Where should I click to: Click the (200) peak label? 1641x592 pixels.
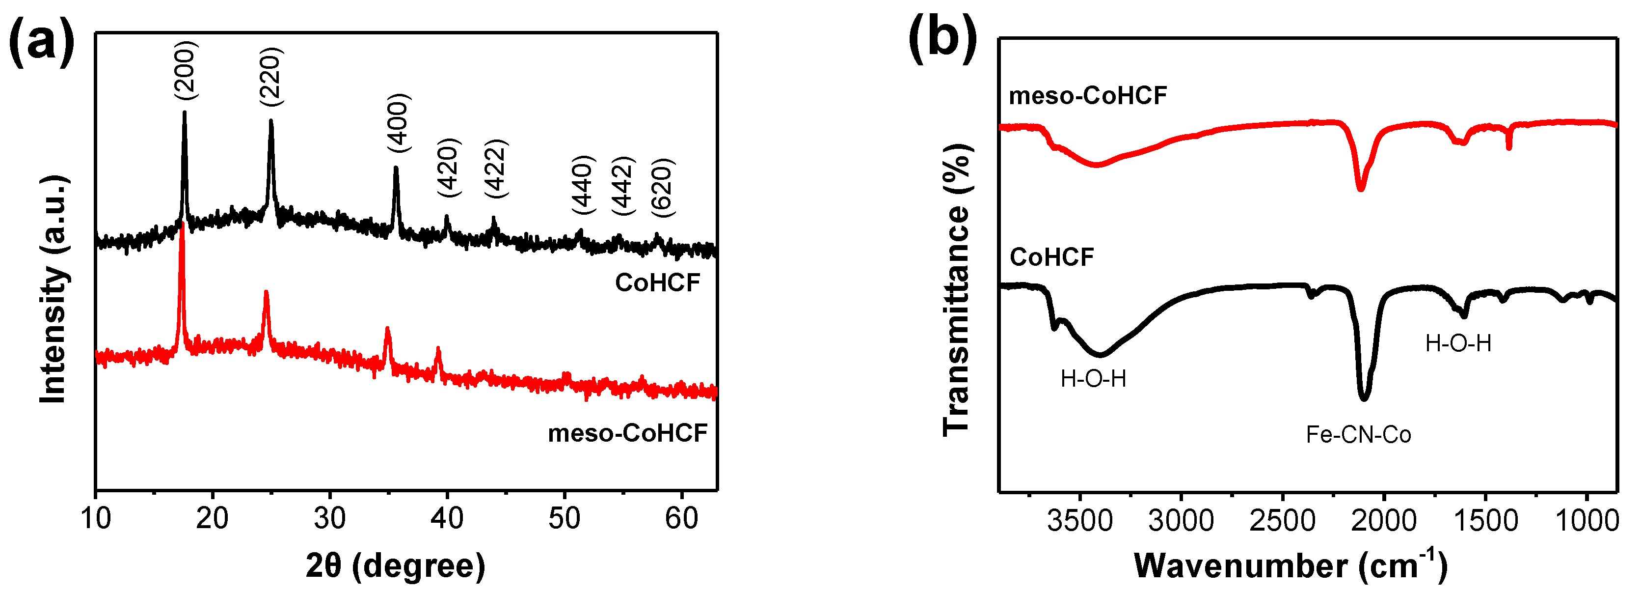coord(186,70)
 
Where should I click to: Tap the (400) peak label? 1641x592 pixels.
coord(399,123)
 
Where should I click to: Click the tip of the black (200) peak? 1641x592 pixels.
coord(185,113)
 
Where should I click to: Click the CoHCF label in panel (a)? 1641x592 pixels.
coord(657,283)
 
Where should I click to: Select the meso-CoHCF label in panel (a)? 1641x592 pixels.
coord(627,433)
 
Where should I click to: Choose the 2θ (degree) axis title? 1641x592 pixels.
coord(395,566)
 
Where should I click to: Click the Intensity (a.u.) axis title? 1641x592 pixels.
coord(54,290)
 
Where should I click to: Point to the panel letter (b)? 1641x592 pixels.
coord(942,39)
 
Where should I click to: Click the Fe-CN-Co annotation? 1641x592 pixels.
coord(1358,435)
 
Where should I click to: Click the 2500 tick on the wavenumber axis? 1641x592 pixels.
coord(1282,521)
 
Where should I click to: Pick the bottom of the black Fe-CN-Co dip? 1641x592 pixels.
coord(1364,399)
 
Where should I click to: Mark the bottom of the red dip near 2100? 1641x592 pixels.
coord(1361,189)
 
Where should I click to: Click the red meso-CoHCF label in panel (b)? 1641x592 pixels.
coord(1087,96)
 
